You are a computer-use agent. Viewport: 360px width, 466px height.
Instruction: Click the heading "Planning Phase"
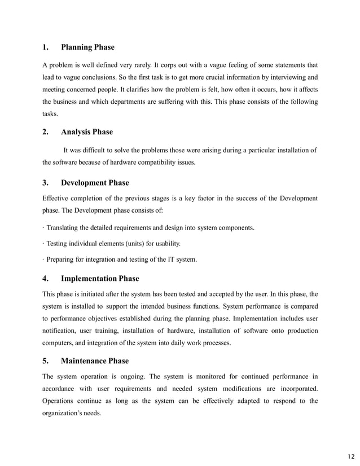pos(87,47)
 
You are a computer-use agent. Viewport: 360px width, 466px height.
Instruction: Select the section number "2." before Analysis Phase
pos(45,132)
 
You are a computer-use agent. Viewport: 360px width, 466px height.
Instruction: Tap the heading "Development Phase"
pos(95,183)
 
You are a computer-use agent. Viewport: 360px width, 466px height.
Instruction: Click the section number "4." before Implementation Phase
pos(45,279)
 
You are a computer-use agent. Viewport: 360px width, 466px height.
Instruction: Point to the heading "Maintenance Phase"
pos(95,361)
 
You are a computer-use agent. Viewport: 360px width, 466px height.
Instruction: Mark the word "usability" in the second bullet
pos(166,244)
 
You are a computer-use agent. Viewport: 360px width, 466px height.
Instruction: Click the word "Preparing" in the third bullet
pos(62,260)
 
